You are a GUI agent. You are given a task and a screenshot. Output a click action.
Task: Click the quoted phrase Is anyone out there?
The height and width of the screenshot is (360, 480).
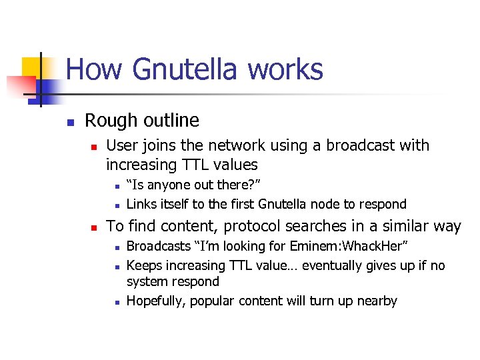(x=193, y=185)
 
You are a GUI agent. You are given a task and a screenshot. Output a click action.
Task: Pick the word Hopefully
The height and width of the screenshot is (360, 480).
(x=156, y=301)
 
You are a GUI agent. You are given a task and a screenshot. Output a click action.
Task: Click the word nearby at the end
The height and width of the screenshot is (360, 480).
(x=376, y=301)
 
